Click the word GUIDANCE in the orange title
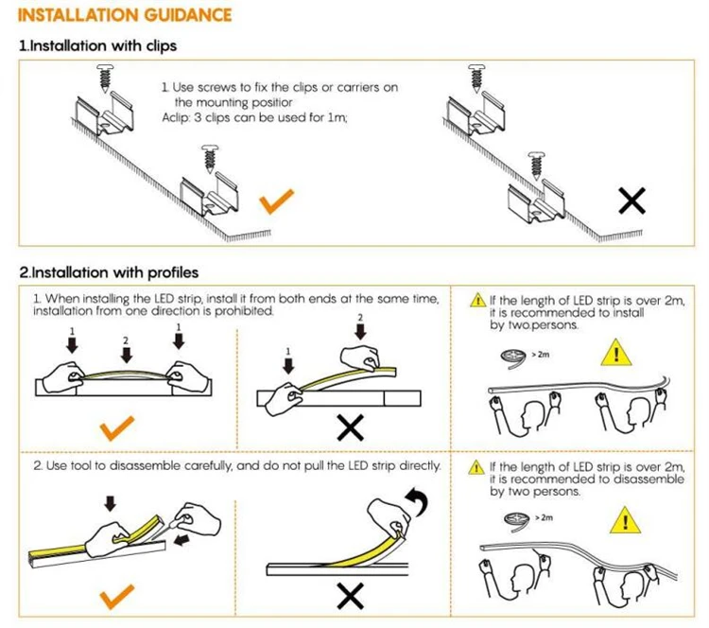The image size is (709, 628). point(188,15)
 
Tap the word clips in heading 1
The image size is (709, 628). point(161,46)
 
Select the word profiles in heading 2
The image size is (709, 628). point(173,272)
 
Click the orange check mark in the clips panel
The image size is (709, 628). point(277,201)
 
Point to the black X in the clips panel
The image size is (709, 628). point(632,201)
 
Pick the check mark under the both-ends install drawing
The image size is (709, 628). point(117,428)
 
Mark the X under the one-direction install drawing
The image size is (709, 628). point(351,428)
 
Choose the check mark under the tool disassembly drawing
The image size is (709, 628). point(117,597)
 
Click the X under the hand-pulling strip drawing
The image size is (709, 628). point(351,597)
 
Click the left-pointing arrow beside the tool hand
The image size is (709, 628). point(182,540)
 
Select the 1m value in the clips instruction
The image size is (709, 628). point(337,117)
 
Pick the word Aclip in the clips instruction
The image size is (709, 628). point(175,118)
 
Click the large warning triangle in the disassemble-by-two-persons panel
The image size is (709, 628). point(626,520)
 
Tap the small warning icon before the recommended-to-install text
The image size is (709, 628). point(478,300)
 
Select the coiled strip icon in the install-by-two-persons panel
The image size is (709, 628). point(513,357)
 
